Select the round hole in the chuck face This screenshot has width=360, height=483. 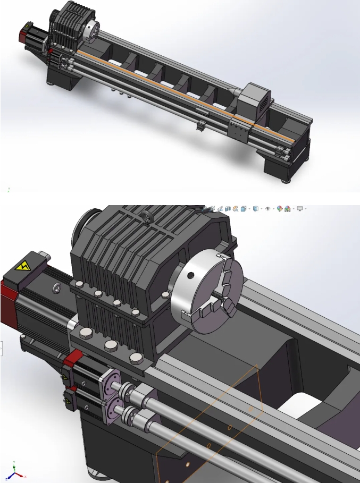190,276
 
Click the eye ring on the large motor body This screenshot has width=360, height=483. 55,288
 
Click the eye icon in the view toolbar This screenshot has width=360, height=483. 267,209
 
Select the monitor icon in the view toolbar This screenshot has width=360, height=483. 300,209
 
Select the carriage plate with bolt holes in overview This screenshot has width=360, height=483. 238,131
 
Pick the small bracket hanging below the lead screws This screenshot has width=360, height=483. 200,125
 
